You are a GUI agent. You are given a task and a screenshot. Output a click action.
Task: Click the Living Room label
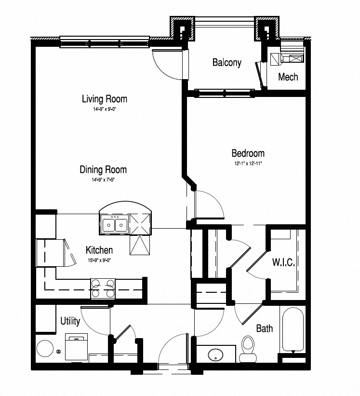click(x=104, y=99)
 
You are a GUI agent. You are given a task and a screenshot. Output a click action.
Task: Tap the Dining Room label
click(x=103, y=170)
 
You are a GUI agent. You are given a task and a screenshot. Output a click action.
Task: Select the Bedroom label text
click(x=248, y=153)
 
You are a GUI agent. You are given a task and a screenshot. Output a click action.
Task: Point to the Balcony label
click(x=227, y=63)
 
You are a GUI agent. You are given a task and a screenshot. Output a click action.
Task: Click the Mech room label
click(x=288, y=77)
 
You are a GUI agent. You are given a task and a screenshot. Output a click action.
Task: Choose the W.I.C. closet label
click(x=283, y=263)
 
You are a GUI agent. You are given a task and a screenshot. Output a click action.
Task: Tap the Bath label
click(x=264, y=329)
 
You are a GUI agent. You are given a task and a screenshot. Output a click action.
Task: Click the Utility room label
click(x=70, y=321)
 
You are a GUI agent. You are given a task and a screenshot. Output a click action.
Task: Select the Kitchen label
click(x=99, y=250)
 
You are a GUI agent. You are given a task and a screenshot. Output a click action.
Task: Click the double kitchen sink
click(x=114, y=225)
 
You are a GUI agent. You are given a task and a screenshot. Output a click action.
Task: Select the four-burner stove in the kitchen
click(x=103, y=288)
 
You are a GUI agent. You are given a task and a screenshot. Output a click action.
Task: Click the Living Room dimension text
click(x=104, y=109)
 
